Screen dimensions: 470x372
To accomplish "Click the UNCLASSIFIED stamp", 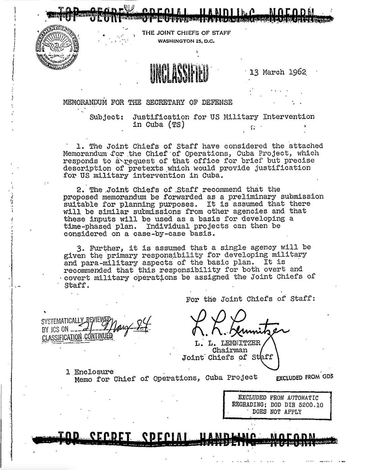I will [x=178, y=72].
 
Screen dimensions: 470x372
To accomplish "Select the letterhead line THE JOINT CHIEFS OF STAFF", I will [x=186, y=33].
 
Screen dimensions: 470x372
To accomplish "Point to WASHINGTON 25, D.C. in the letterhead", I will [x=186, y=41].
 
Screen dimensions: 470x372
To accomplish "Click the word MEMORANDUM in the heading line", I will [x=85, y=102].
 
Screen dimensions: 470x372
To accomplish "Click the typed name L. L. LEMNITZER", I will [x=227, y=343].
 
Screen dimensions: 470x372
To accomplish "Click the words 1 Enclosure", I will [x=90, y=372].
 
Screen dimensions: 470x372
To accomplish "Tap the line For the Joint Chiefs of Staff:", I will [x=250, y=299].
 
